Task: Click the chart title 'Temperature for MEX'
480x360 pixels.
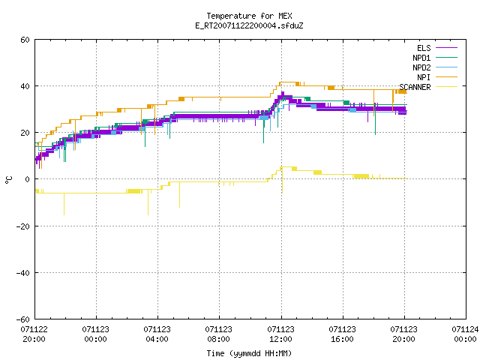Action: point(249,16)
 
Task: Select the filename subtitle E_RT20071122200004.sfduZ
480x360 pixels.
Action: point(249,25)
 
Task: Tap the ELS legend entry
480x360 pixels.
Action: point(424,48)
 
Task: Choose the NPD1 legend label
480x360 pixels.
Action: point(421,58)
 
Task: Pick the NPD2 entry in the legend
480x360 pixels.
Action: point(421,67)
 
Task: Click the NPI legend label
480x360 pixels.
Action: point(424,77)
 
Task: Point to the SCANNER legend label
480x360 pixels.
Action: point(415,87)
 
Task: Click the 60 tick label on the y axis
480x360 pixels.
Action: point(25,40)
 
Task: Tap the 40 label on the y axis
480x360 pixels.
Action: point(25,86)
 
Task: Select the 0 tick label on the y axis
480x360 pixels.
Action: point(28,179)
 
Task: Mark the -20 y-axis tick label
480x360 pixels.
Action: point(23,226)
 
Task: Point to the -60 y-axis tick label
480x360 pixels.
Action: point(23,319)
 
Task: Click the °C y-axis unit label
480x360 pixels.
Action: point(9,180)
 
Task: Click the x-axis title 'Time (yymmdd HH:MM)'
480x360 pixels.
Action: point(249,353)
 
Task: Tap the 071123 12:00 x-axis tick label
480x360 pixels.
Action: point(280,334)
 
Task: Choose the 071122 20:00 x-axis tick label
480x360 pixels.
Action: point(34,334)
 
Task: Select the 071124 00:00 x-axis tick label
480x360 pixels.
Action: point(465,334)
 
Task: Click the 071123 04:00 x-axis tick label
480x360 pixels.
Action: point(157,334)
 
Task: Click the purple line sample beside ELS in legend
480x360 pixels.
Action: point(447,48)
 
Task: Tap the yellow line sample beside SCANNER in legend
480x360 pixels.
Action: point(447,87)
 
